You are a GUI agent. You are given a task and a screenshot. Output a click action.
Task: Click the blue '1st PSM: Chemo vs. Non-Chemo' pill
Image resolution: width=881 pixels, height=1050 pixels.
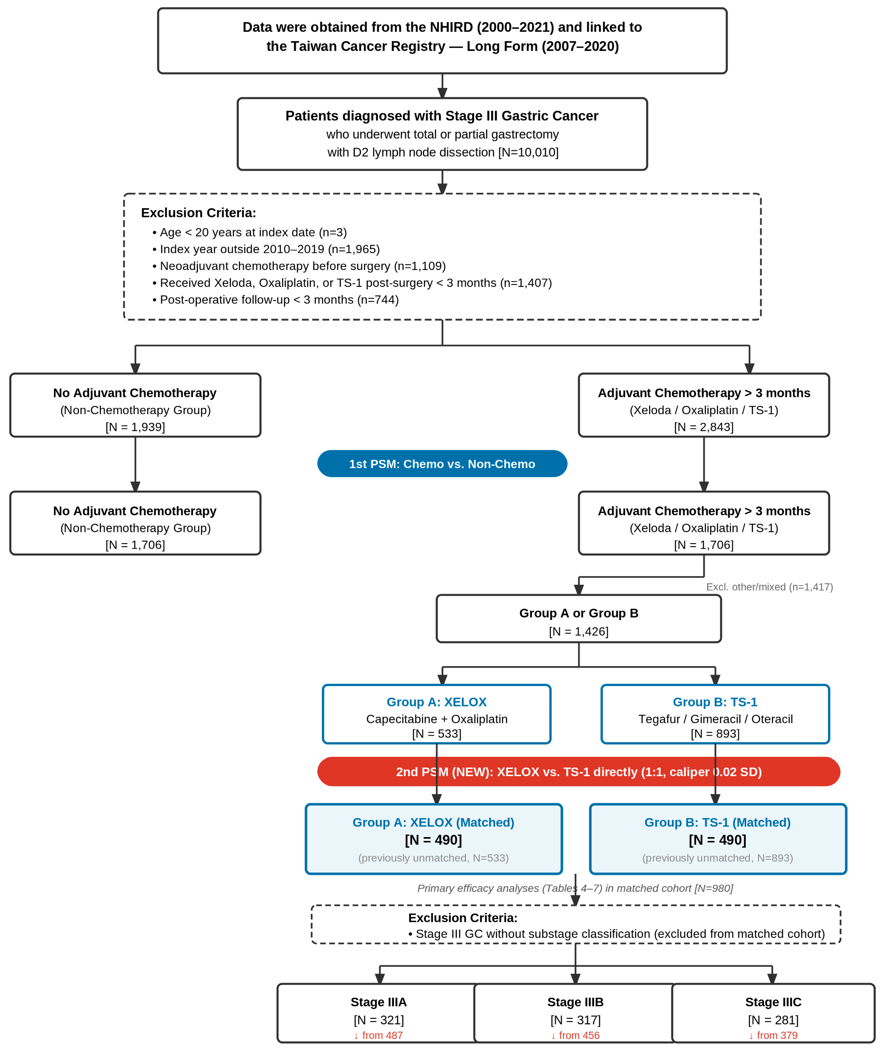point(442,464)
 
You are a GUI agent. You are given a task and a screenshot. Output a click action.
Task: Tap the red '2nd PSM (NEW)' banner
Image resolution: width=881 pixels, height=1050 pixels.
point(579,772)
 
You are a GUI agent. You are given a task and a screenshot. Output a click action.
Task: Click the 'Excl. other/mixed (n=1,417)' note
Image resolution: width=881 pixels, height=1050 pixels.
point(770,587)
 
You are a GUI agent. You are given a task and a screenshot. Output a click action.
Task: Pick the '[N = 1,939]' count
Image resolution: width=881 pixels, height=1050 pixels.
point(135,427)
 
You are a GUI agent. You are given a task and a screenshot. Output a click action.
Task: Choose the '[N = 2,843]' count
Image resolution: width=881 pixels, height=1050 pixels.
point(704,427)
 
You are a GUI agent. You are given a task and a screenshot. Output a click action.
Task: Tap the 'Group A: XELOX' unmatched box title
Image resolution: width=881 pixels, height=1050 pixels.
point(437,702)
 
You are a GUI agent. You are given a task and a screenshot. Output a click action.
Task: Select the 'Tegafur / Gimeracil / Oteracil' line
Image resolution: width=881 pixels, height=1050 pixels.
point(716,719)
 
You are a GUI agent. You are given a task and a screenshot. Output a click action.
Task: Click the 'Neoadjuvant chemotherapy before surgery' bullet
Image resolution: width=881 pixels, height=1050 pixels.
point(299,266)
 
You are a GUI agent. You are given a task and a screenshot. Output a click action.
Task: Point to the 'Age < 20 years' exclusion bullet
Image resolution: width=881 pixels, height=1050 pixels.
point(250,232)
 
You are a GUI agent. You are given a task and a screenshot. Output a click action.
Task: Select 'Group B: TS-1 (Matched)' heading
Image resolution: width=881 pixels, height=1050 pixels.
point(718,822)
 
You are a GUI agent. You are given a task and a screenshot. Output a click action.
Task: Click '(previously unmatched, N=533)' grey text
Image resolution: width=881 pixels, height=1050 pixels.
point(433,858)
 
